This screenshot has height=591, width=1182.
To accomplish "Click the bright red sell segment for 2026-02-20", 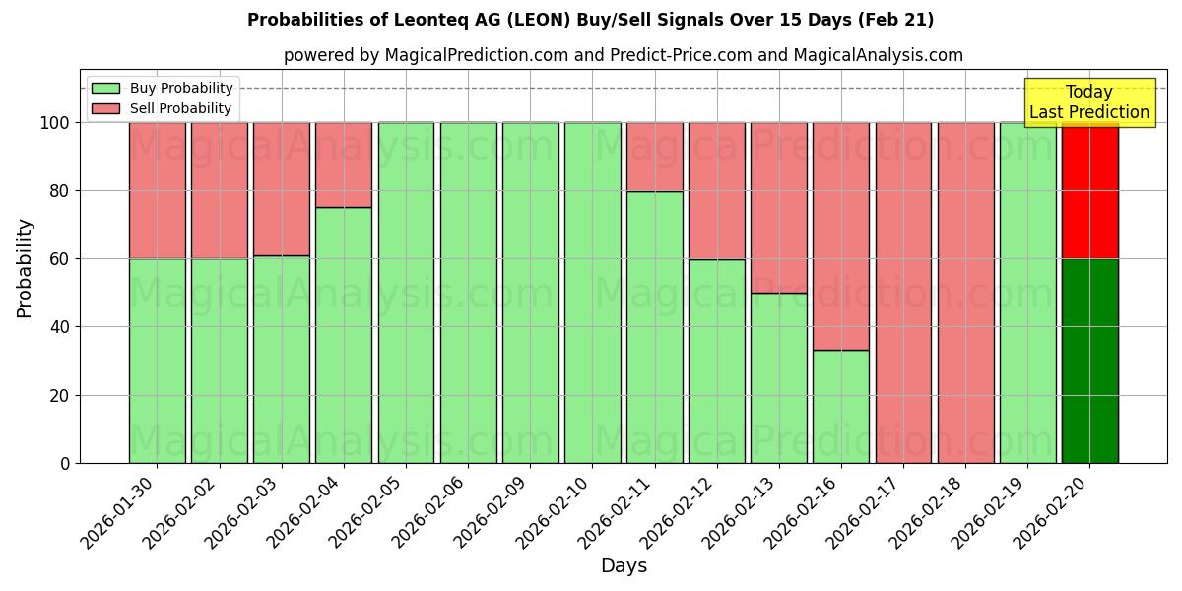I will [x=1089, y=190].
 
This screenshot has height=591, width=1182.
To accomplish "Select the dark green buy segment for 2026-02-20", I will [x=1089, y=361].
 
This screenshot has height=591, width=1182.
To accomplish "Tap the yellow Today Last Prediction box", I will [x=1088, y=102].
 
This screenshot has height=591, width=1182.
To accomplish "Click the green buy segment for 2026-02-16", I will [x=841, y=406].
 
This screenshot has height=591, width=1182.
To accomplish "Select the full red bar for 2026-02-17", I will [x=903, y=293].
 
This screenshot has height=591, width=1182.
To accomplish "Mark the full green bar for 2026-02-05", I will [x=406, y=293].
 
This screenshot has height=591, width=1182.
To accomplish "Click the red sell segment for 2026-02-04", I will [x=344, y=164].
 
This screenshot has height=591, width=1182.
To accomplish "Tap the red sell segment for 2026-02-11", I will [x=654, y=157].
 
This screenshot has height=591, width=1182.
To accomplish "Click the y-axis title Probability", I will [x=25, y=268].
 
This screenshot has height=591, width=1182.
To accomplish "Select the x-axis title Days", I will [x=624, y=566].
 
